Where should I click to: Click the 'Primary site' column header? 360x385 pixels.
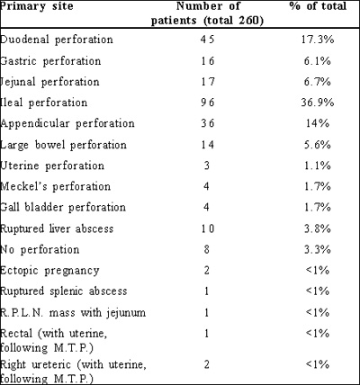point(37,7)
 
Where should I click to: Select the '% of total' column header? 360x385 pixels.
point(318,6)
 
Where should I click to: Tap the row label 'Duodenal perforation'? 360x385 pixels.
point(57,40)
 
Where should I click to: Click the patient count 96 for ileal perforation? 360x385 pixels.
point(208,103)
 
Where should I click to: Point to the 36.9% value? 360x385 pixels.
point(318,103)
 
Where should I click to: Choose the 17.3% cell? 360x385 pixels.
point(318,40)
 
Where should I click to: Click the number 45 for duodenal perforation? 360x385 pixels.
point(208,40)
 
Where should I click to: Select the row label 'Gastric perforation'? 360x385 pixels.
point(50,61)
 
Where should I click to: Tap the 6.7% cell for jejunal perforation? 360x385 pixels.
point(318,82)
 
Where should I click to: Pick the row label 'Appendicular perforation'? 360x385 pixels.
point(67,124)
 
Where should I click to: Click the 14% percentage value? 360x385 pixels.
point(318,123)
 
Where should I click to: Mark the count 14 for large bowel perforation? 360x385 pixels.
point(208,145)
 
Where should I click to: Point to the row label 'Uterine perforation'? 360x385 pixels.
point(52,166)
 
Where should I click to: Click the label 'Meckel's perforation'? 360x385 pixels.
point(55,187)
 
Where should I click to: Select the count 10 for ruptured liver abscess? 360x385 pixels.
point(208,228)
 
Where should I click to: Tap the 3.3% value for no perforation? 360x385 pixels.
point(318,249)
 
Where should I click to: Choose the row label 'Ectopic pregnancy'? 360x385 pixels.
point(49,271)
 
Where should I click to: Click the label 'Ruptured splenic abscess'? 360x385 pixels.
point(64,291)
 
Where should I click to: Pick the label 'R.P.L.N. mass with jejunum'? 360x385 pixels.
point(73,313)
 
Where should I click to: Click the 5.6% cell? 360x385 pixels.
point(318,145)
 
